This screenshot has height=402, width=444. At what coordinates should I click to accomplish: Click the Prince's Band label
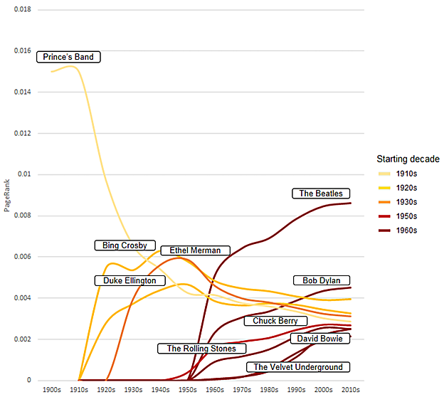click(x=68, y=57)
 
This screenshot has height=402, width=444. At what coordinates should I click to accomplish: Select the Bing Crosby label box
click(x=125, y=245)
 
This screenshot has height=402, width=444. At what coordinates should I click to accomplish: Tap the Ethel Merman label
click(x=195, y=250)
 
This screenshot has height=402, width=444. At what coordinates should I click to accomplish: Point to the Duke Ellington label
click(x=129, y=281)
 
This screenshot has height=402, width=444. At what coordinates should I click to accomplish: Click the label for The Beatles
click(x=320, y=194)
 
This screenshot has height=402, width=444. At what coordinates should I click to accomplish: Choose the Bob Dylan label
click(x=321, y=281)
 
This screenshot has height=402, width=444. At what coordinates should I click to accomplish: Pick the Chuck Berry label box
click(x=275, y=321)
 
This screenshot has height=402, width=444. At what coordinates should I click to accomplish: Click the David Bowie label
click(x=320, y=339)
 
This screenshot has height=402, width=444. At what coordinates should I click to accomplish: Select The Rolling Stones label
click(x=201, y=349)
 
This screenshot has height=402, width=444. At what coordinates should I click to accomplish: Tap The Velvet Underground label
click(x=298, y=367)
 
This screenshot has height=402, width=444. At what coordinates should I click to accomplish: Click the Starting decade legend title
click(x=408, y=159)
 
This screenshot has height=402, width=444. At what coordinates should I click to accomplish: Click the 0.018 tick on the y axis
click(x=23, y=10)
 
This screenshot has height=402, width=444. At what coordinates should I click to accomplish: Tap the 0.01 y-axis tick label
click(x=26, y=174)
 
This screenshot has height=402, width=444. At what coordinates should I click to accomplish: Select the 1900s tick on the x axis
click(x=52, y=391)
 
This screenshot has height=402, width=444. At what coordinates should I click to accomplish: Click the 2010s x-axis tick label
click(x=351, y=391)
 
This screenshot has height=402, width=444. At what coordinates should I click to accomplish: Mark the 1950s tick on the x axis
click(x=188, y=391)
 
